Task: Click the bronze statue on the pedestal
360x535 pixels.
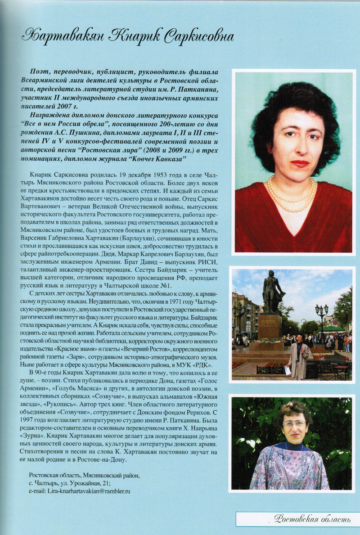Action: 272,292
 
